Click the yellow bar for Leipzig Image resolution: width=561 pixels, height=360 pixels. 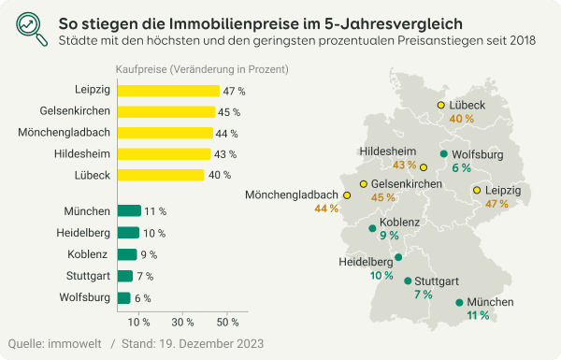167,91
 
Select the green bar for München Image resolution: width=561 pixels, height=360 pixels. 128,211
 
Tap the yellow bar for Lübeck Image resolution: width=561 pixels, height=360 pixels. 160,175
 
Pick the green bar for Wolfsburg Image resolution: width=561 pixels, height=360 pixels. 122,297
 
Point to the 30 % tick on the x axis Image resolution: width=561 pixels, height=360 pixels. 182,322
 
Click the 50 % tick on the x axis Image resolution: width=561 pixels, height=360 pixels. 225,322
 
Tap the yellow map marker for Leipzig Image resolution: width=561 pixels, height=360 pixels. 477,190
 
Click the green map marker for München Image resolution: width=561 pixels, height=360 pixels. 459,302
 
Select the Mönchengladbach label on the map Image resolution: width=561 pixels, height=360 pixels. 291,194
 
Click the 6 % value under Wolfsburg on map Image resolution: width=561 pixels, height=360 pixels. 461,168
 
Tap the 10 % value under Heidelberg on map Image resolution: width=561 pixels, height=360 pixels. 381,276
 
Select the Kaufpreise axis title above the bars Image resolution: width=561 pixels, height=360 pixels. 201,69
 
